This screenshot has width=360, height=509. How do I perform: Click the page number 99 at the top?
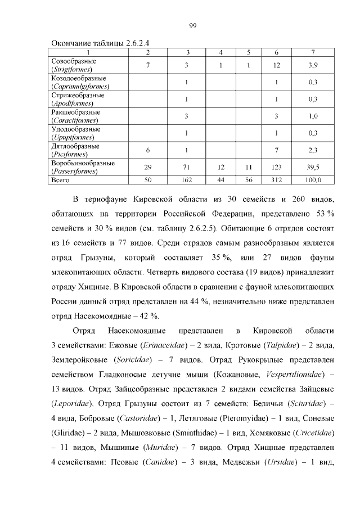tap(192, 25)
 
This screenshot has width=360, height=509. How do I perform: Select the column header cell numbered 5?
tap(248, 52)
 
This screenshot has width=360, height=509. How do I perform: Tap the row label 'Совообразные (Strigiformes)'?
tap(74, 65)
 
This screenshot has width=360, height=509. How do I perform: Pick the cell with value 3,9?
tap(313, 65)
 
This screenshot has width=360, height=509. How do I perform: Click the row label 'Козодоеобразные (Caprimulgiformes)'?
tap(79, 82)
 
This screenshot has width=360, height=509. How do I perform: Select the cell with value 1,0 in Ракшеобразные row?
tap(313, 116)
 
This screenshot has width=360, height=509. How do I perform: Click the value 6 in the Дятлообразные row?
tap(147, 150)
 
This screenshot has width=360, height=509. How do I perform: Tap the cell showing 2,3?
tap(313, 150)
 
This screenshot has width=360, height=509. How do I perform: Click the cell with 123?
tap(276, 167)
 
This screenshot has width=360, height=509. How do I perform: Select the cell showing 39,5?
tap(313, 167)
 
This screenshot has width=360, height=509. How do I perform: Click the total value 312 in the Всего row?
tap(276, 180)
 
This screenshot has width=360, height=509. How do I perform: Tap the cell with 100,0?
tap(313, 180)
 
